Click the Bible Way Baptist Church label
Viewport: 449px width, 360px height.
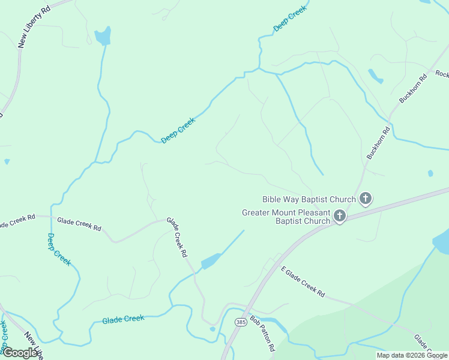309,199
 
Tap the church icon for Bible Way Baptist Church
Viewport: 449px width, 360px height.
365,199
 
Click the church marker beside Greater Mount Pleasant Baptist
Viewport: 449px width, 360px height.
340,216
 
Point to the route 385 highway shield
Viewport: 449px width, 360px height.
241,322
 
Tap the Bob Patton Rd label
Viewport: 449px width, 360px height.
262,334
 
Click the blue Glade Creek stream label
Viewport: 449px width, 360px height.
123,320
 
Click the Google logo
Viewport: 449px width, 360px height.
20,353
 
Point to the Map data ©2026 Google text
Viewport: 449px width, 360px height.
412,355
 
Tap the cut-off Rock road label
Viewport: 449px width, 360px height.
442,74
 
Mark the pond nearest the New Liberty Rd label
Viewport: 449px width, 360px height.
103,37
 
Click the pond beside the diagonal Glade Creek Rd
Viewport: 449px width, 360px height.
211,262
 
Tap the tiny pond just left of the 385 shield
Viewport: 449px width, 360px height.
212,329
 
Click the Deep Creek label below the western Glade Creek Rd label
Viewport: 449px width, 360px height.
59,249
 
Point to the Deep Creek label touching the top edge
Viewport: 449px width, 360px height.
290,19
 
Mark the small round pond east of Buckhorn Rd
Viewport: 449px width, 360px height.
430,173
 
